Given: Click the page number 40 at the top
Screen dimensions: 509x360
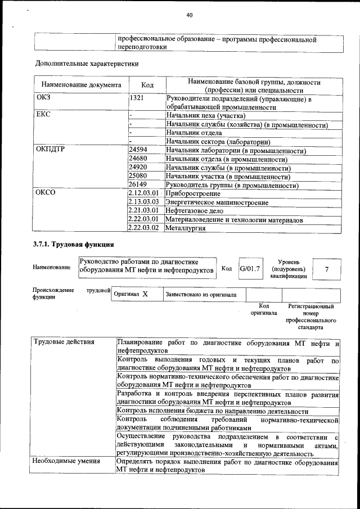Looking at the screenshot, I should click(189, 15).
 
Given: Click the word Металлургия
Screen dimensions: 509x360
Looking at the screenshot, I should click(185, 228).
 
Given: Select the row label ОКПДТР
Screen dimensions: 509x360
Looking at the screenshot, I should click(52, 151).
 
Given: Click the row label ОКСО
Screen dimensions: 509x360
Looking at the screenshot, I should click(46, 193).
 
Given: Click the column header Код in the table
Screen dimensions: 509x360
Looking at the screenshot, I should click(147, 85).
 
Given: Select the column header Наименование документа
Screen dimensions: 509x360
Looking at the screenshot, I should click(81, 85).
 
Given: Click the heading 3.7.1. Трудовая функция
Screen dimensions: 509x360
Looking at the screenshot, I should click(74, 245).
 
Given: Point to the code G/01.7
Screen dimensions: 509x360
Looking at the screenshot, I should click(250, 268).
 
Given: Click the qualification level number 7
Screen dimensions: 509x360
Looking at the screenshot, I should click(326, 269).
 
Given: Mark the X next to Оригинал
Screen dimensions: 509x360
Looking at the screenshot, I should click(145, 294).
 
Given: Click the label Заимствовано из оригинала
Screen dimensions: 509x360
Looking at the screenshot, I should click(201, 294).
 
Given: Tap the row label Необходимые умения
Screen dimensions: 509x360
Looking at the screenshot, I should click(66, 461).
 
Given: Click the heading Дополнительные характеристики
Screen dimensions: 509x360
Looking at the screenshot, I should click(87, 64).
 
